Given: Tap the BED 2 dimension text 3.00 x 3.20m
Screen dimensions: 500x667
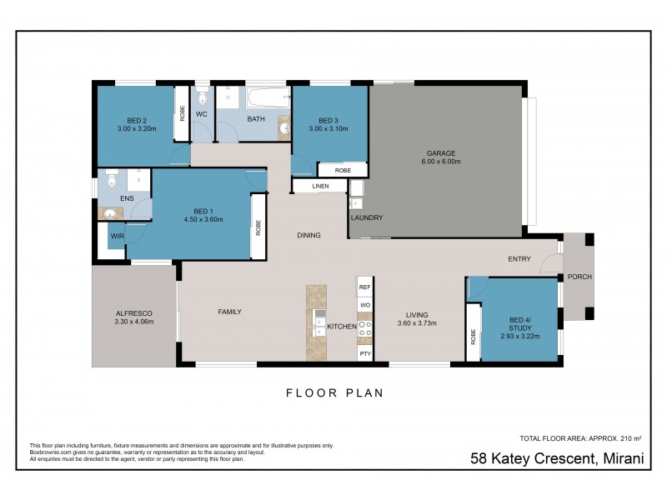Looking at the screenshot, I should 137,128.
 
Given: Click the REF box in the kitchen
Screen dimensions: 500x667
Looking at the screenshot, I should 364,287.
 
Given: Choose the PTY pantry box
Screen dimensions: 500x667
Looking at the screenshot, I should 364,354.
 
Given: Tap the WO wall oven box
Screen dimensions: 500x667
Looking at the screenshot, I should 364,306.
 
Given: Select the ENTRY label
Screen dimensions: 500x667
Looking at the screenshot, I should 519,259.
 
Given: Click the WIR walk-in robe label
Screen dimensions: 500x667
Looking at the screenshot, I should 114,237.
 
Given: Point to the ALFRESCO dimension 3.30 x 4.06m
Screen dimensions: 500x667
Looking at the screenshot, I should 133,320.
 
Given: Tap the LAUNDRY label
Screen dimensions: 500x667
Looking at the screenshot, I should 367,218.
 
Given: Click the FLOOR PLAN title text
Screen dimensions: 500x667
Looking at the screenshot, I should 334,392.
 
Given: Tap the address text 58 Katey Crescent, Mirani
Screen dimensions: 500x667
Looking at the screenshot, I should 557,457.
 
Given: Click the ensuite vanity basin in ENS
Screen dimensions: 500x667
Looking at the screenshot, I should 111,214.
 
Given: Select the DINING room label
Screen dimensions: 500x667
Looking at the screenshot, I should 308,236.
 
